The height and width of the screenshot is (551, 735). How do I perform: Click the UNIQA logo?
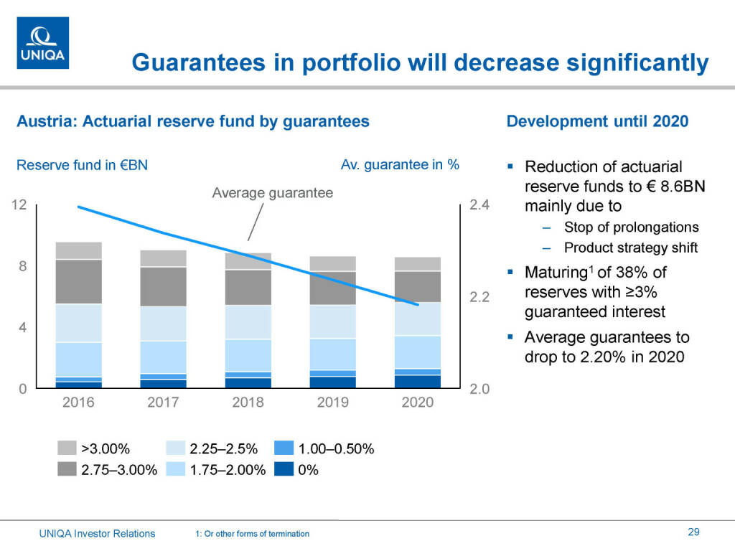click(43, 43)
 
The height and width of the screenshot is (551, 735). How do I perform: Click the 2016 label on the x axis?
click(78, 402)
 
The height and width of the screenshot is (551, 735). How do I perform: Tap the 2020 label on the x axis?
click(417, 402)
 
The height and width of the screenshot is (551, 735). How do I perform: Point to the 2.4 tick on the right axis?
click(479, 205)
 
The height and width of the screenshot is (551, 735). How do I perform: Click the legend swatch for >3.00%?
click(67, 449)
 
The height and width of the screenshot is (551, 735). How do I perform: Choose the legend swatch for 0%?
click(284, 470)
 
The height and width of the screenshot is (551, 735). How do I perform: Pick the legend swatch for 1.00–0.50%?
click(284, 449)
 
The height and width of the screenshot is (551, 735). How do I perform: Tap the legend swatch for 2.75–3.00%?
click(67, 470)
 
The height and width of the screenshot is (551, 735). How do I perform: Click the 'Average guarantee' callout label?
click(273, 192)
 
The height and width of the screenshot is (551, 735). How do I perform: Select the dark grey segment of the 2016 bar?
click(78, 281)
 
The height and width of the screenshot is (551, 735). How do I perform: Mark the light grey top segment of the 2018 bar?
click(248, 261)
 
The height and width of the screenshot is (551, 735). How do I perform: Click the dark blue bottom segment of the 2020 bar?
click(417, 382)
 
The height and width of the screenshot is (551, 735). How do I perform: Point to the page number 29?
click(693, 532)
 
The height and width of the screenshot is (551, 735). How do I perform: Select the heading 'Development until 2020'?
click(597, 121)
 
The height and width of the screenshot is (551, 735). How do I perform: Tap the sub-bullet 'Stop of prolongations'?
click(631, 227)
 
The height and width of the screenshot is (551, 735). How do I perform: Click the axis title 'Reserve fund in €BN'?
click(82, 165)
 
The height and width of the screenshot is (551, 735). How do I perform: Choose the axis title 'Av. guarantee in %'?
click(400, 164)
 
